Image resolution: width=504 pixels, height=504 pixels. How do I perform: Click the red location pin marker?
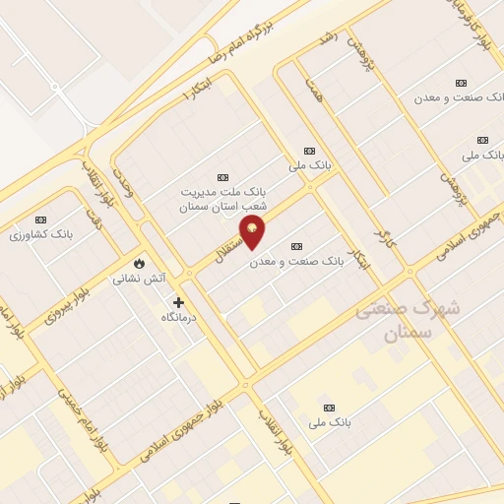(x=253, y=232)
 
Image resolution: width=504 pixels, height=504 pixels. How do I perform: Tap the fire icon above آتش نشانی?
(x=139, y=263)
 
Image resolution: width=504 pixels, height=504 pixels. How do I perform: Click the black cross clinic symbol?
(x=178, y=302)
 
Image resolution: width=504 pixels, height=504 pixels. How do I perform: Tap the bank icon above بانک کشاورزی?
(x=40, y=220)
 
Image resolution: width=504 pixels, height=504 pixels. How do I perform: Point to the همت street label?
(x=314, y=93)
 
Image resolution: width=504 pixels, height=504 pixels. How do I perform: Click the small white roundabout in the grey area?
(x=56, y=89)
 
